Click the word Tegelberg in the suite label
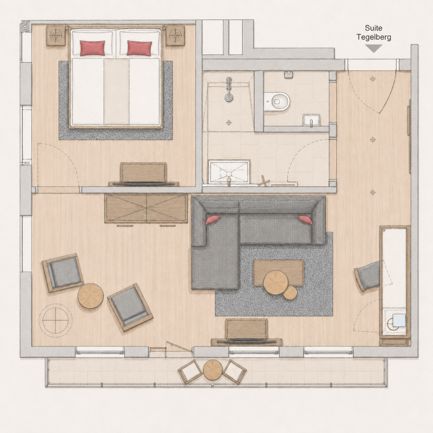click(374, 37)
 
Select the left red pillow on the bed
click(92, 48)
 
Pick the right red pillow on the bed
click(139, 48)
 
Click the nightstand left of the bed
click(56, 35)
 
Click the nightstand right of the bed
click(175, 35)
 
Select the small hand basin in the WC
click(311, 120)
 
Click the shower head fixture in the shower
click(229, 90)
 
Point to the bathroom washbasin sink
click(229, 171)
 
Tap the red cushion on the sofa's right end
click(305, 220)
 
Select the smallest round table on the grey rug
click(290, 293)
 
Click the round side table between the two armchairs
click(90, 296)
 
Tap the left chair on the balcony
click(190, 372)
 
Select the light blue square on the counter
click(399, 320)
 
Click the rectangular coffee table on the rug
click(278, 273)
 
